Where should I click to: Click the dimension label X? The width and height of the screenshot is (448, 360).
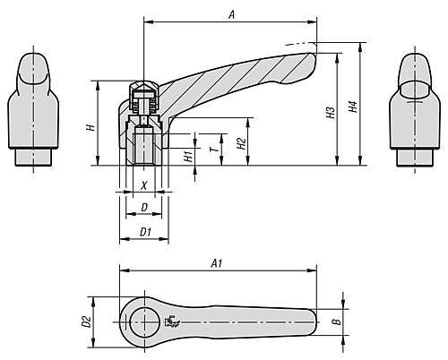143,186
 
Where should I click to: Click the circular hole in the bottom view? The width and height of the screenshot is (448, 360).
143,321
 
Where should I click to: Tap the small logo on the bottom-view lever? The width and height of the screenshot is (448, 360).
174,324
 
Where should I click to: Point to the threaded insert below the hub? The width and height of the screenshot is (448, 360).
143,150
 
